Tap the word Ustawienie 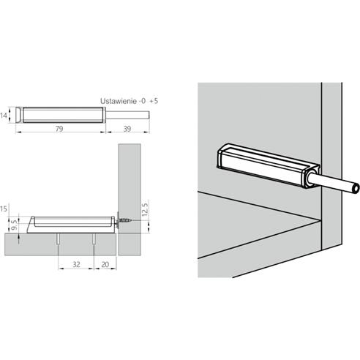[x=118, y=101]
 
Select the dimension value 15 [x=5, y=211]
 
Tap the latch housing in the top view [x=61, y=116]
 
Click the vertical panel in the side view [x=129, y=176]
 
